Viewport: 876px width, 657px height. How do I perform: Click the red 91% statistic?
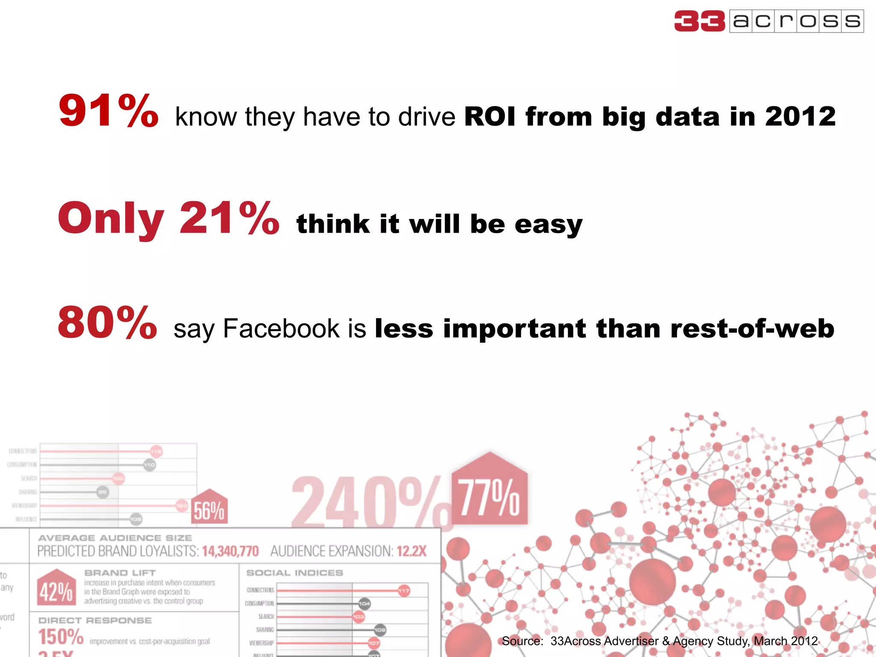pyautogui.click(x=108, y=111)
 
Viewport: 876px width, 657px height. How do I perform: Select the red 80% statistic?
pyautogui.click(x=107, y=323)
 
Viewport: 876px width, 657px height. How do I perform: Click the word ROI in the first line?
pyautogui.click(x=490, y=116)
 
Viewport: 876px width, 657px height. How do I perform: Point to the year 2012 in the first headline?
pyautogui.click(x=800, y=116)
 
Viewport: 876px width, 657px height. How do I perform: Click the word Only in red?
pyautogui.click(x=111, y=219)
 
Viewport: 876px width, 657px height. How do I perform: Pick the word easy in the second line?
pyautogui.click(x=548, y=224)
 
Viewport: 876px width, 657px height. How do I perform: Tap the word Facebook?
pyautogui.click(x=281, y=328)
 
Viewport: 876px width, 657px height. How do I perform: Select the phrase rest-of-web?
pyautogui.click(x=752, y=328)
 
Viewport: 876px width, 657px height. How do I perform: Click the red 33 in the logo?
pyautogui.click(x=699, y=21)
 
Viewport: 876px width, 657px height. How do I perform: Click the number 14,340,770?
pyautogui.click(x=230, y=551)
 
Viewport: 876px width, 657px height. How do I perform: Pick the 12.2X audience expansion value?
pyautogui.click(x=411, y=551)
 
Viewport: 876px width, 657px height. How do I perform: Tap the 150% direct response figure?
pyautogui.click(x=61, y=637)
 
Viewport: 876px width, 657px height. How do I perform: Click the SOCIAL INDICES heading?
pyautogui.click(x=295, y=573)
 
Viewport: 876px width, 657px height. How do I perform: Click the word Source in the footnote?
pyautogui.click(x=522, y=641)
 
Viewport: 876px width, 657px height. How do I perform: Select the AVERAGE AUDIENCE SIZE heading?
pyautogui.click(x=115, y=538)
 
